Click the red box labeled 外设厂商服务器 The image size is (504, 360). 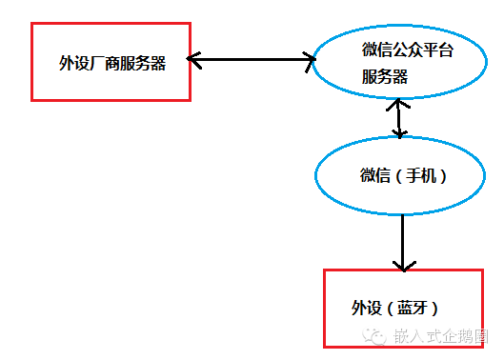coord(111,62)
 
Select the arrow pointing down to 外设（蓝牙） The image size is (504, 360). coord(402,242)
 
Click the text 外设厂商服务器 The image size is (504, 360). coord(111,63)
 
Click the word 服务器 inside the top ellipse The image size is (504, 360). coord(385,77)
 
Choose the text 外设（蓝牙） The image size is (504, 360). coord(394,308)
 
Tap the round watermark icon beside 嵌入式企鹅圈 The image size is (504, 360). coord(376,336)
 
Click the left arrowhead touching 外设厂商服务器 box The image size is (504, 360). coord(194,61)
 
